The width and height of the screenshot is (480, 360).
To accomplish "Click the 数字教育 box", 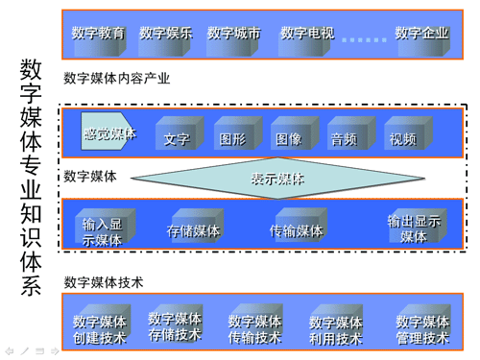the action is (98, 33).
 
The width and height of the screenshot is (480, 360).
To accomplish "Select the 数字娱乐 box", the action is (165, 33).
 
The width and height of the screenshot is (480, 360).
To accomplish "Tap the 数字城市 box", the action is (233, 33).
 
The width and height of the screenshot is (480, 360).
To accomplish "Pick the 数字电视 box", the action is (306, 33).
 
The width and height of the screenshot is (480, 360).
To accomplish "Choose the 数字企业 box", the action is (422, 33).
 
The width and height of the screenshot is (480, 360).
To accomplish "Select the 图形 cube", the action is (233, 137).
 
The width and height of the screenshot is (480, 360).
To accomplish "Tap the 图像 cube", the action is (289, 137).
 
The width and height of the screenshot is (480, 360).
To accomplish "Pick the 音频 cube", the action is (345, 137).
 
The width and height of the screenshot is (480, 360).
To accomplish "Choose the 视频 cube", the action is (403, 137).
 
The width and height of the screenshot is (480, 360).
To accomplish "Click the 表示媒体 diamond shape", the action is (278, 178).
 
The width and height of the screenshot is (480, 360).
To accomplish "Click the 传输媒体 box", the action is (297, 229).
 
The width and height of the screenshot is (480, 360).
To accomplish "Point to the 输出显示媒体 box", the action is (414, 228).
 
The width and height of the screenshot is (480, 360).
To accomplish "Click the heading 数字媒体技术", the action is (103, 282).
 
